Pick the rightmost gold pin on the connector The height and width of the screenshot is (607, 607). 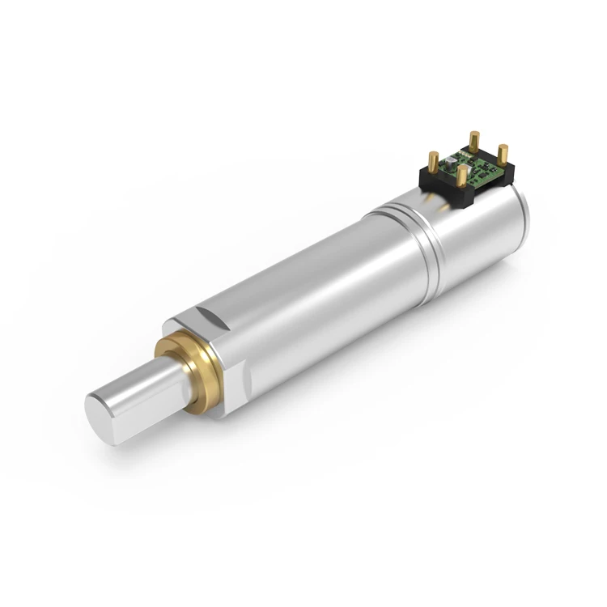click(x=503, y=154)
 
